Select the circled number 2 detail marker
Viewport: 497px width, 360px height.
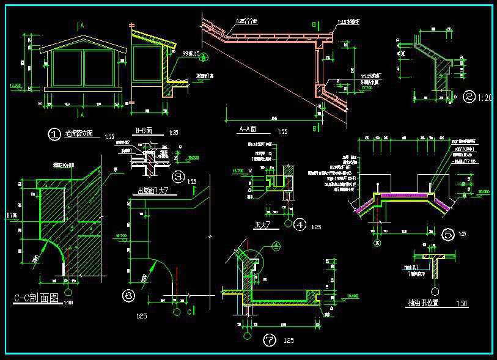[469, 97]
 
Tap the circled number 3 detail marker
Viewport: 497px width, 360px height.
[179, 177]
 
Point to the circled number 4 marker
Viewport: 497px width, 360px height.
[300, 225]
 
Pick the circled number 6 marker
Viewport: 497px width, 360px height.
[129, 296]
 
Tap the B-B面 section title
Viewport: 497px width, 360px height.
[147, 131]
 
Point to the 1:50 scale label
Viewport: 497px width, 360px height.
[461, 304]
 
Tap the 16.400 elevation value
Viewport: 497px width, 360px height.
[352, 296]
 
